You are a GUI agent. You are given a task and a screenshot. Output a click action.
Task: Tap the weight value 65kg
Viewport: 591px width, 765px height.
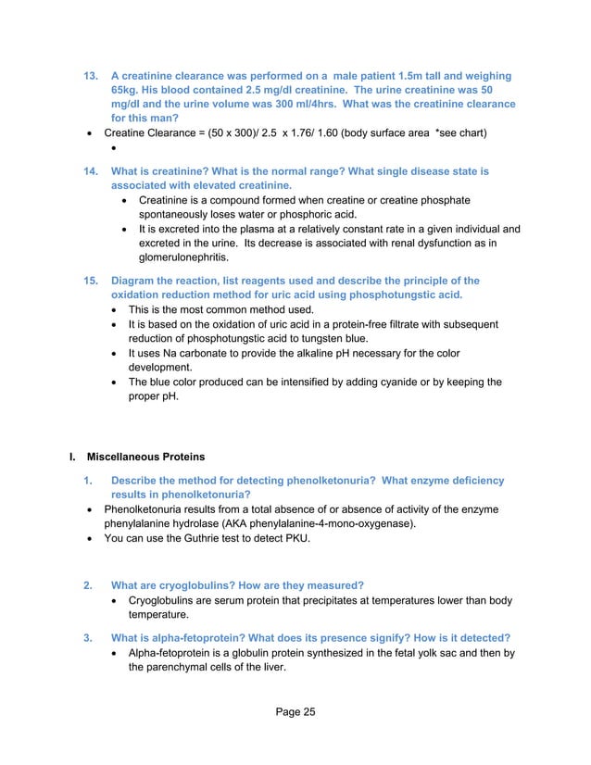coord(125,89)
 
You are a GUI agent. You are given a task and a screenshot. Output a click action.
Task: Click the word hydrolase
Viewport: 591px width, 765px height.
coord(200,523)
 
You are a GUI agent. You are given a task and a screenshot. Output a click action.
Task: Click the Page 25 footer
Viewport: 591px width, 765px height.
coord(295,712)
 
